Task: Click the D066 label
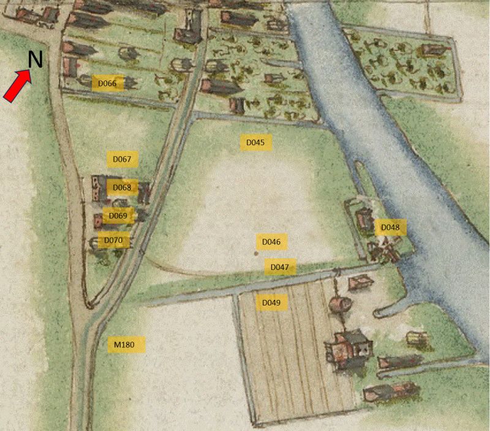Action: [108, 83]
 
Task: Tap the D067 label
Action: [122, 159]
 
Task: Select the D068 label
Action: [122, 187]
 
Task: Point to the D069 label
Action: [118, 215]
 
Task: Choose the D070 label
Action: [113, 241]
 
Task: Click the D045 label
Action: [255, 143]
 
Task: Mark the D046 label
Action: [271, 242]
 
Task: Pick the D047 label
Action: [279, 267]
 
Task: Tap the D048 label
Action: [390, 228]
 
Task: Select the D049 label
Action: [271, 303]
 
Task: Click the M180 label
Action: [125, 345]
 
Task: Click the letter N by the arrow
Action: [36, 59]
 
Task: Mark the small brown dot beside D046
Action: [256, 252]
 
